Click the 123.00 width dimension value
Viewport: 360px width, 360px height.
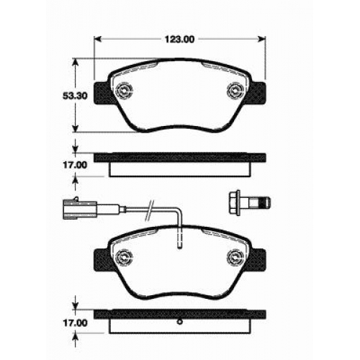(179, 40)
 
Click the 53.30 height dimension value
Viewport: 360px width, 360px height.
(75, 96)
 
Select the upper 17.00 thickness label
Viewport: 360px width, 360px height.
(75, 165)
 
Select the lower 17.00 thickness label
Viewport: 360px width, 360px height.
(75, 323)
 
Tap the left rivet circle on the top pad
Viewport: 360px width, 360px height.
(124, 91)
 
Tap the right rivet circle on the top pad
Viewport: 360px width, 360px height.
(235, 91)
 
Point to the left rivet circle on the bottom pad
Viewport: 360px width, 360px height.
(124, 258)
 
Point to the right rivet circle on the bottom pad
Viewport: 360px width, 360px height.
(235, 258)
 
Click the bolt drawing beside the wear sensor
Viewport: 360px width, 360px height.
(249, 203)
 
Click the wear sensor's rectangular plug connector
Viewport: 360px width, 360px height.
(80, 208)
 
